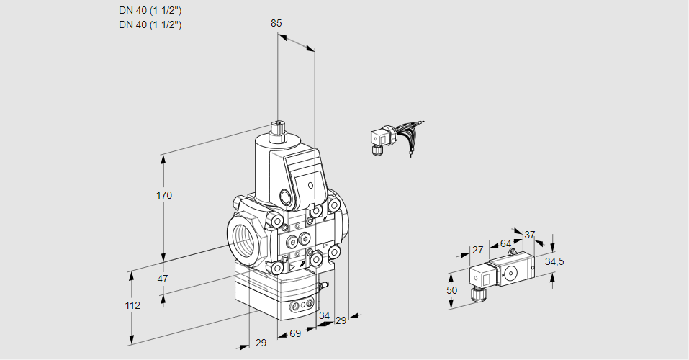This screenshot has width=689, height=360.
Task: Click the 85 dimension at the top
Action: coord(276,23)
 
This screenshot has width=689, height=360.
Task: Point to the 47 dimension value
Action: coord(163,279)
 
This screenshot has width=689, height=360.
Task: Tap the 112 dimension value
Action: coord(132,305)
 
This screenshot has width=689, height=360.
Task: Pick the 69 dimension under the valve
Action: coord(294,334)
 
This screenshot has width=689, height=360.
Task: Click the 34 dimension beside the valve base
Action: coord(324,315)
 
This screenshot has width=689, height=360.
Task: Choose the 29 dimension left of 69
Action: coord(261,343)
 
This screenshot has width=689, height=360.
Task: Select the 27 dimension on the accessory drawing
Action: coord(477,250)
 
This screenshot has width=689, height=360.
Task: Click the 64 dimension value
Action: coord(505,243)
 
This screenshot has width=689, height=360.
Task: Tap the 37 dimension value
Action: coord(530,235)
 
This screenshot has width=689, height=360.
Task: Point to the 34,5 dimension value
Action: coord(554,261)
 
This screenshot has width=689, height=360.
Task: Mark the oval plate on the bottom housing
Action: coord(302,307)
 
